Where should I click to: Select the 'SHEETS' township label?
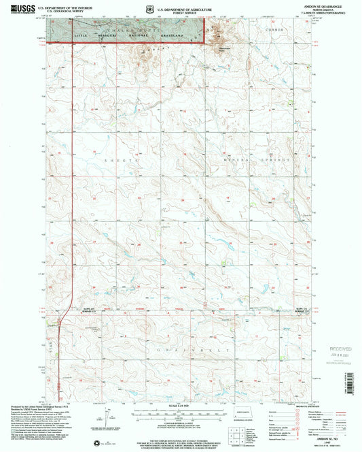[114, 159]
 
